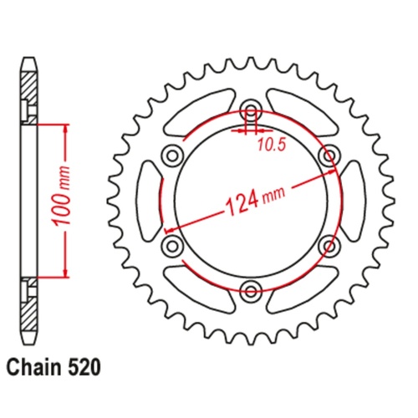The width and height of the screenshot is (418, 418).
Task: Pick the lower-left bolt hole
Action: [x=173, y=245]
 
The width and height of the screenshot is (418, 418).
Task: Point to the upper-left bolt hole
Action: [x=173, y=155]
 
